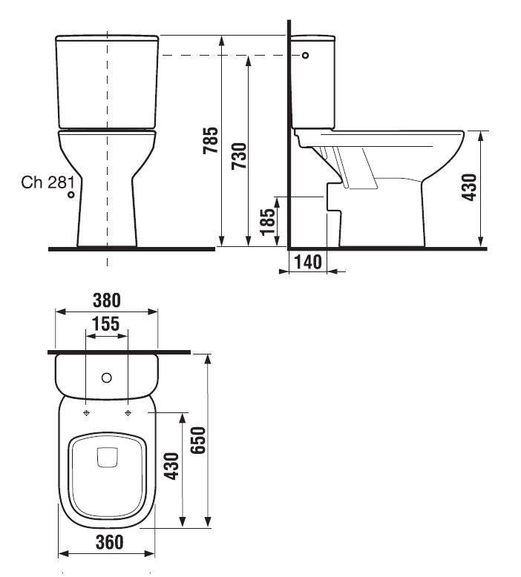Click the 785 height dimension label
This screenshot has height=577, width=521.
click(x=211, y=140)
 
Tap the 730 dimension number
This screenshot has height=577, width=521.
click(x=239, y=156)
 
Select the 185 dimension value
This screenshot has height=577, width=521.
click(x=268, y=222)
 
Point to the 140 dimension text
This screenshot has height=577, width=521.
click(x=308, y=262)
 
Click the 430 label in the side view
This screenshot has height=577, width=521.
click(x=470, y=188)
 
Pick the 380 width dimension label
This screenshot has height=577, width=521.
click(x=106, y=300)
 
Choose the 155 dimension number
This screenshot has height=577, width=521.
click(x=105, y=324)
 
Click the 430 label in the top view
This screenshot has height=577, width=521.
click(x=171, y=466)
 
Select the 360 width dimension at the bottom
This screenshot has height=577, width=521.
click(x=109, y=542)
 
